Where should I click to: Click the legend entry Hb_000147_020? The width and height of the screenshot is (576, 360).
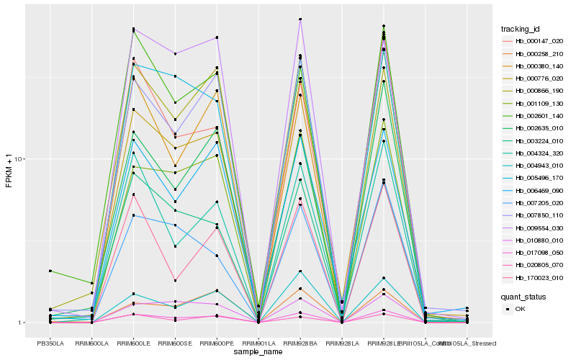[x=535, y=41]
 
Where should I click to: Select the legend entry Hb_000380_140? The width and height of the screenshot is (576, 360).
[x=535, y=66]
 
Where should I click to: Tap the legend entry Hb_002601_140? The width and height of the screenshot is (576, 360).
[x=535, y=115]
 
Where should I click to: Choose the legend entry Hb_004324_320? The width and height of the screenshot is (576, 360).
[x=535, y=153]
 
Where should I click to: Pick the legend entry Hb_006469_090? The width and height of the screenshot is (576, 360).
[x=535, y=190]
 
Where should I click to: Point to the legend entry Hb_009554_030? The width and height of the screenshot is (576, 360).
[x=535, y=228]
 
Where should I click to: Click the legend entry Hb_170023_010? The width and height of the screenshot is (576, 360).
[x=535, y=277]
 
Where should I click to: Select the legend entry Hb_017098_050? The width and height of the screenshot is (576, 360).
[x=535, y=252]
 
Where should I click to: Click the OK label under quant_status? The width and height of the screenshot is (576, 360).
[x=519, y=309]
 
